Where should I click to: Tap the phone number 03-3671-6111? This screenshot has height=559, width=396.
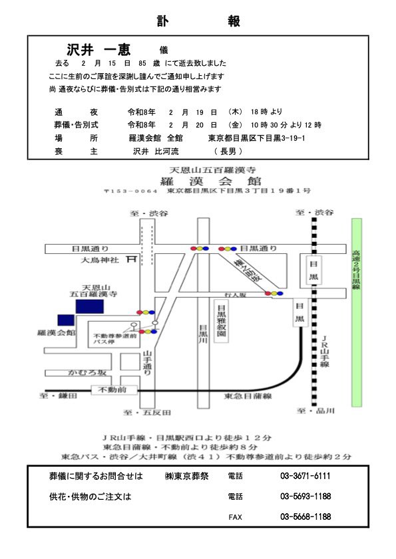click(x=305, y=476)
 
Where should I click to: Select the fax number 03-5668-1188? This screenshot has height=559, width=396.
click(x=305, y=516)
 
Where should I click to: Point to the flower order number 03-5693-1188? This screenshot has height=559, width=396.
click(x=305, y=496)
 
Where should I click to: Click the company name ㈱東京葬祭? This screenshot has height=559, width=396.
click(x=186, y=476)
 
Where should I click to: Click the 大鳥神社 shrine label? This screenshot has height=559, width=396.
click(x=99, y=261)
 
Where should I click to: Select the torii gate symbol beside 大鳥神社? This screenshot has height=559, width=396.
click(x=132, y=260)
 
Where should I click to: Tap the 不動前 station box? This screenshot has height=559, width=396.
click(x=112, y=389)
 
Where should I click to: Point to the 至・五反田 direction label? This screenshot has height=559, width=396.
click(x=147, y=412)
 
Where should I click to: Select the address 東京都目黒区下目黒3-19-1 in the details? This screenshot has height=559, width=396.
click(x=256, y=138)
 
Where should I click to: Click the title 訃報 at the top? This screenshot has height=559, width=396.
click(x=198, y=21)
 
